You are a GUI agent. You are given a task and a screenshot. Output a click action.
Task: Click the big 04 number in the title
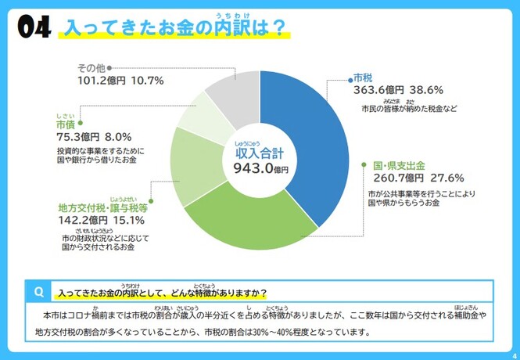pyautogui.click(x=33, y=29)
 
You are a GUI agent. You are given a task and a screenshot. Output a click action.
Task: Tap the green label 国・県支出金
pyautogui.click(x=399, y=166)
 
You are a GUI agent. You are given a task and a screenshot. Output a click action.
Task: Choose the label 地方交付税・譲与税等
pyautogui.click(x=102, y=209)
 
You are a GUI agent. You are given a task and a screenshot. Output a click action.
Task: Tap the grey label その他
pyautogui.click(x=91, y=68)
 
